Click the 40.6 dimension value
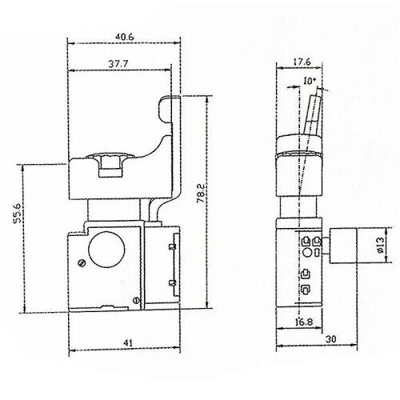click(x=124, y=37)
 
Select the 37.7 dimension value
click(x=118, y=64)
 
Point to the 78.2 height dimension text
click(x=201, y=194)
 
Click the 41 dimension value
click(x=128, y=343)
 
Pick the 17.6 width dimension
click(x=302, y=62)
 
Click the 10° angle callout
click(x=310, y=81)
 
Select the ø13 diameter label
click(x=380, y=245)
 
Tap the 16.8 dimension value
click(x=304, y=322)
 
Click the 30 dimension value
click(x=331, y=339)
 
